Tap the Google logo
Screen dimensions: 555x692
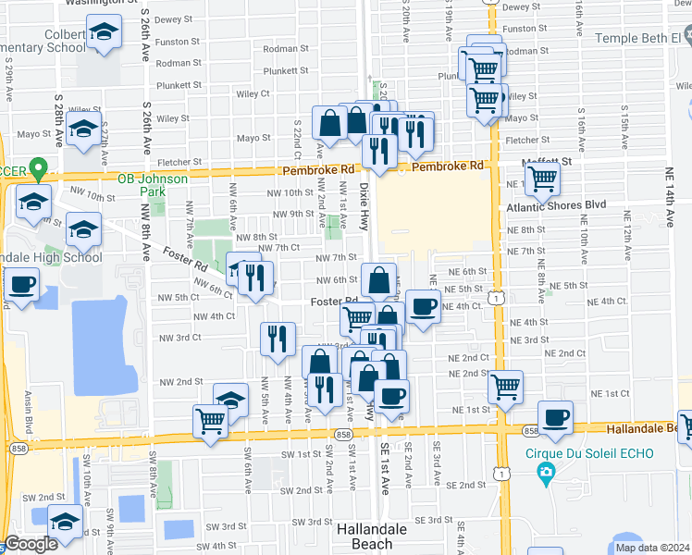(x=31, y=545)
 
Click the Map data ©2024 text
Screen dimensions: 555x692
(x=651, y=548)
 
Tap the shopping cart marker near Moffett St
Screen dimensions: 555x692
(x=542, y=176)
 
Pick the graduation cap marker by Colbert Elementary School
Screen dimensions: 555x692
(x=105, y=32)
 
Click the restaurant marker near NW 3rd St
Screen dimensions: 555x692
(x=277, y=339)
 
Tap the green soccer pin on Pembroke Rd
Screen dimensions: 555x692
(x=38, y=170)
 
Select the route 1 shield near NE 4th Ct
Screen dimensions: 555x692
(x=498, y=298)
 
